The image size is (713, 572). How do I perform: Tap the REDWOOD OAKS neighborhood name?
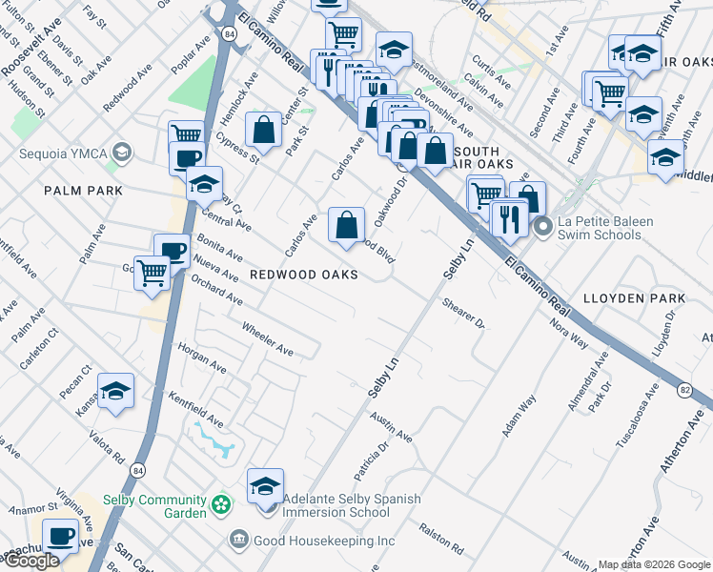303,275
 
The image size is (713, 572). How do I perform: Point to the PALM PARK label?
83,191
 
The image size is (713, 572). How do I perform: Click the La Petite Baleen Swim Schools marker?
542,227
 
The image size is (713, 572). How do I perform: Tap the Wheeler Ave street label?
267,338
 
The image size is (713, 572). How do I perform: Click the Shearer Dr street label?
464,313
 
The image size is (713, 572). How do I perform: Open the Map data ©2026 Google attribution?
654,564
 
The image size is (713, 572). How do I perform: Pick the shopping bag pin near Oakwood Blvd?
347,225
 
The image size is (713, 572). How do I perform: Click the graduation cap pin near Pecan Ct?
115,391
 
